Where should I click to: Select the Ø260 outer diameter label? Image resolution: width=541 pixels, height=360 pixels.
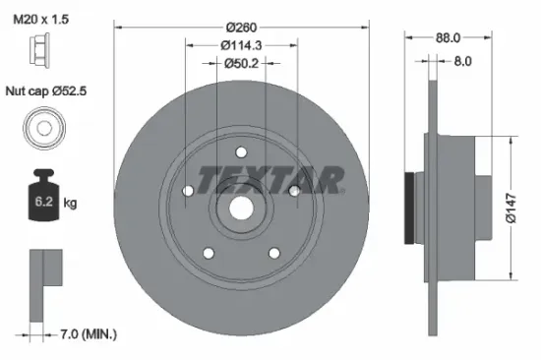(241, 28)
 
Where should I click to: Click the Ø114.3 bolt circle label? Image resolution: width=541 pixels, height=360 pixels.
(241, 45)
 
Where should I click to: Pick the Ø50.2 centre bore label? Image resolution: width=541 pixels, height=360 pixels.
(241, 64)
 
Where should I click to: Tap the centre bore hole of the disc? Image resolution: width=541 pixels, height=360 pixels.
(240, 209)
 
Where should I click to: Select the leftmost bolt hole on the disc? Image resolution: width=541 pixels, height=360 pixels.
(188, 191)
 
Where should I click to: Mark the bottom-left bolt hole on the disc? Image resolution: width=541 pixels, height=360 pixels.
(208, 253)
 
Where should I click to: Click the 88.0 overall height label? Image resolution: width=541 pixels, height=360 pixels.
(451, 39)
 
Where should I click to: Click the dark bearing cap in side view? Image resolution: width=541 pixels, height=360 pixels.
(410, 209)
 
